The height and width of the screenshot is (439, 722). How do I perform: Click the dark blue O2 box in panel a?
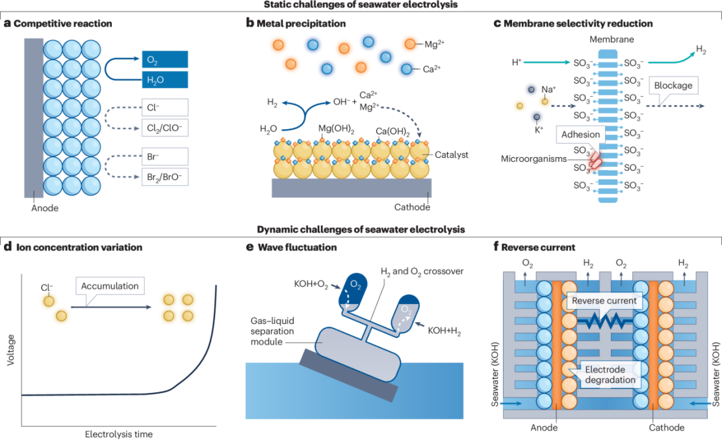click(x=164, y=59)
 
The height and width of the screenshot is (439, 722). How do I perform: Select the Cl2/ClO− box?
click(x=164, y=129)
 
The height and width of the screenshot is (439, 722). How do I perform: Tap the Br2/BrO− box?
click(x=164, y=176)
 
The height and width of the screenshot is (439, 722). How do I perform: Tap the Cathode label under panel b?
click(x=412, y=207)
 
